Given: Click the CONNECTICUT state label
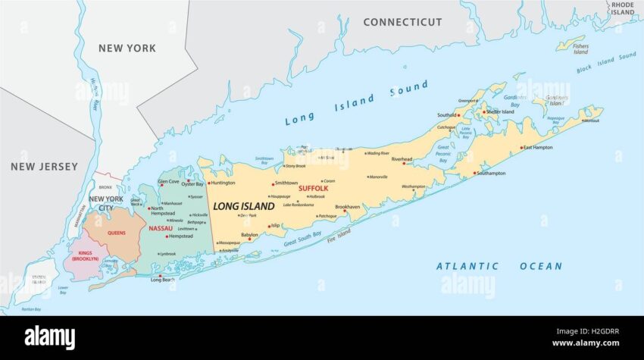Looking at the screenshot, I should coord(402,22).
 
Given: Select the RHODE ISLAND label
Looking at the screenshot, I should coord(622,8).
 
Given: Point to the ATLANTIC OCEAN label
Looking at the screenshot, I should coord(499,266).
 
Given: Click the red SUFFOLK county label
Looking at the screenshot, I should coord(313,188).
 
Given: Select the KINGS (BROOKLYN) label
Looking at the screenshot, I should coord(85,255).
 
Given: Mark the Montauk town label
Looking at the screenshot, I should coord(591,121).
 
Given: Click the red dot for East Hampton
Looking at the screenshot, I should coord(521,148).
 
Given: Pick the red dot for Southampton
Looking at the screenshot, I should coord(474,174).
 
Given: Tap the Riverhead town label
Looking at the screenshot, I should coord(402,159).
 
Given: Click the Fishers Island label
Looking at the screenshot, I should coord(580,49).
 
